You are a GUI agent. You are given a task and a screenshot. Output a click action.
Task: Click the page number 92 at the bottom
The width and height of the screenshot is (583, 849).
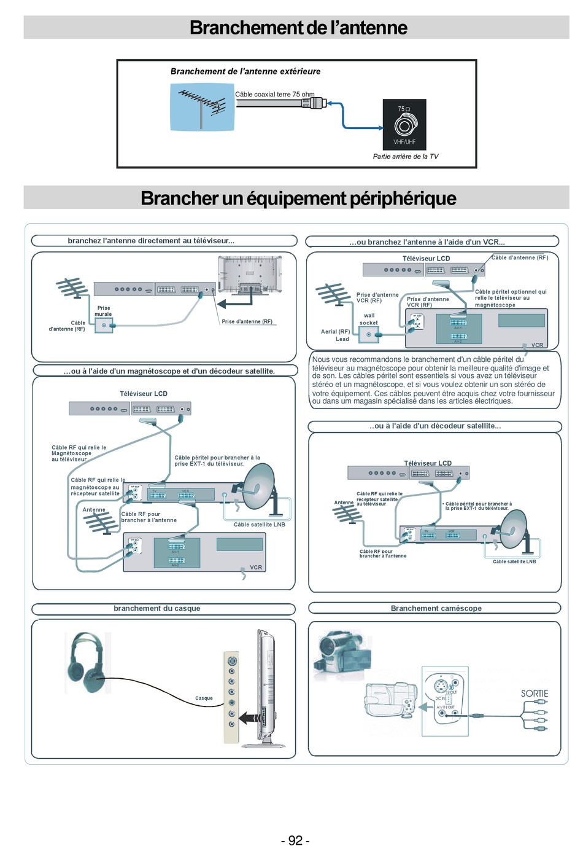295,840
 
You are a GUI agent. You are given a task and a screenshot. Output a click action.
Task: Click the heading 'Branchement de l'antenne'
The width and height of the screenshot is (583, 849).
298,28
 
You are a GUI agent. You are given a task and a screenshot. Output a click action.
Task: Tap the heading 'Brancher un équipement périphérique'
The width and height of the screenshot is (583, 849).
298,198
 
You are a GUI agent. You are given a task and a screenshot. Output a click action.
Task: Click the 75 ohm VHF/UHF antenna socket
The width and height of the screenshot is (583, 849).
404,125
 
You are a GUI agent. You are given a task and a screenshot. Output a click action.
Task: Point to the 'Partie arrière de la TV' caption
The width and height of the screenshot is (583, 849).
406,157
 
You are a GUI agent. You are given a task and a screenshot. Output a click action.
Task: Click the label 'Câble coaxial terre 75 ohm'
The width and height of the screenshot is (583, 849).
274,95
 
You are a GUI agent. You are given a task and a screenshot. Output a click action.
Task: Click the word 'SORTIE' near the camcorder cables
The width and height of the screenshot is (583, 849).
534,694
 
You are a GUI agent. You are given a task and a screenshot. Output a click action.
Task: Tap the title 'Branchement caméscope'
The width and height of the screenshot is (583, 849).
436,608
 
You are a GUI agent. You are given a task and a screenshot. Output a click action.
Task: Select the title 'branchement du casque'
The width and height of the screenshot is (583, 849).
156,608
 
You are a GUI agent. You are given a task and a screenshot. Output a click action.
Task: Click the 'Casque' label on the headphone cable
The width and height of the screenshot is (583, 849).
204,698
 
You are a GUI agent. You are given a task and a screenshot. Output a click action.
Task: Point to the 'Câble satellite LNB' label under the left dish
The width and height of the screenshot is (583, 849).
259,525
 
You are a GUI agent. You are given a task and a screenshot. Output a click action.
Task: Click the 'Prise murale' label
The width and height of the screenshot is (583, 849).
103,311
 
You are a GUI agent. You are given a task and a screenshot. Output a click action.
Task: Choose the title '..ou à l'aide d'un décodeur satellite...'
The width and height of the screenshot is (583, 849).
435,426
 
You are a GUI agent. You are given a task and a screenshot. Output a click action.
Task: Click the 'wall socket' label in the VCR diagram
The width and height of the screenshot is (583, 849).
369,319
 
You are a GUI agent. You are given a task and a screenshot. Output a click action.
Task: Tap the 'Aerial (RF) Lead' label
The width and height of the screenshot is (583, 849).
335,335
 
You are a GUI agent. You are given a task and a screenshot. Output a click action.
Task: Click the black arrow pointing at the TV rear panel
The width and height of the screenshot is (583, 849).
230,303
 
